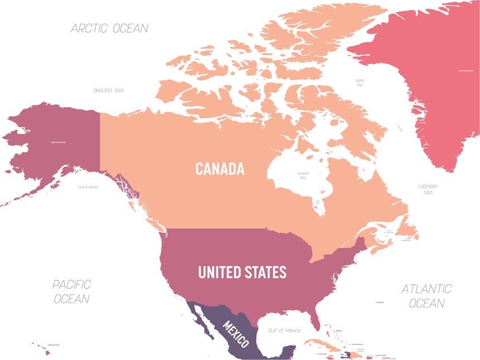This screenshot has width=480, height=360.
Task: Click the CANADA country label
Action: pyautogui.click(x=220, y=169)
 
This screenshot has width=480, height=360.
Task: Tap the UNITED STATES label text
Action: pyautogui.click(x=242, y=272)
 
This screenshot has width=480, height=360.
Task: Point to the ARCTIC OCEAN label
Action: pyautogui.click(x=109, y=28)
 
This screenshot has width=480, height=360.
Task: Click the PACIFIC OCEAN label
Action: pyautogui.click(x=71, y=292)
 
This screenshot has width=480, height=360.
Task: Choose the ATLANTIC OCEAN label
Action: pyautogui.click(x=426, y=296)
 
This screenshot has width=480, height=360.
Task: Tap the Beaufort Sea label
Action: pyautogui.click(x=108, y=90)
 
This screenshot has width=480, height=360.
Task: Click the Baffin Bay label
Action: pyautogui.click(x=360, y=83)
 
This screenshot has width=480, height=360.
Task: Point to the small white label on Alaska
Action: pyautogui.click(x=58, y=143)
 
